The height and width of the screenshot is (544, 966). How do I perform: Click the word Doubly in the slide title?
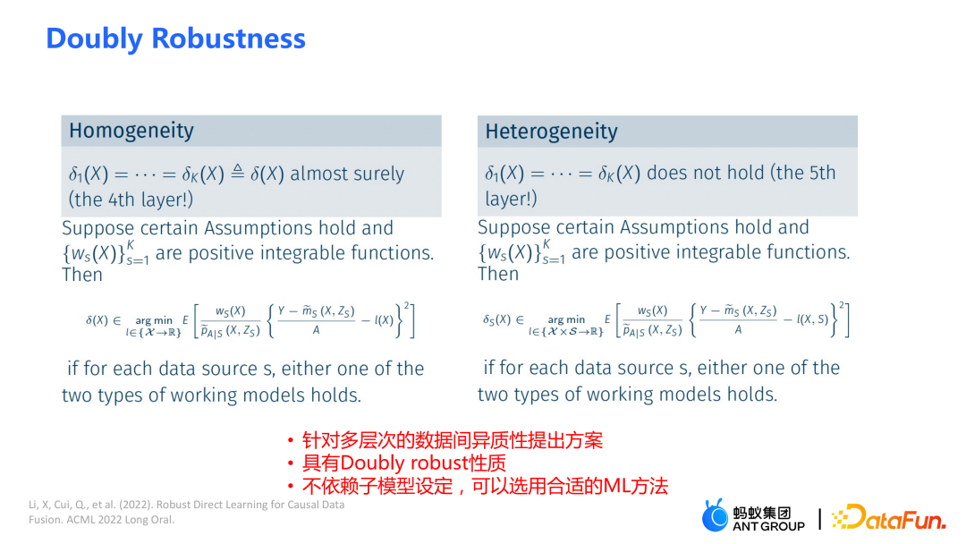point(95,39)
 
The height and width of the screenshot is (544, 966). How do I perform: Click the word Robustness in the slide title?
point(229,38)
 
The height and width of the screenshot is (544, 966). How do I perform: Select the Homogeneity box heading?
point(131,132)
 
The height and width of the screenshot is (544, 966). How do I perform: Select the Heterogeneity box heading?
point(551,132)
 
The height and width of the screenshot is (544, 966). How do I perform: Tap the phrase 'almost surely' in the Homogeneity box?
point(347,174)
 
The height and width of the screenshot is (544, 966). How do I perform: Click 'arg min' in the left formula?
point(154,320)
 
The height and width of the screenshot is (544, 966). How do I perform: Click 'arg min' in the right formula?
point(566,319)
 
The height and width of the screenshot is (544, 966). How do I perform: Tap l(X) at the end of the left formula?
point(384,320)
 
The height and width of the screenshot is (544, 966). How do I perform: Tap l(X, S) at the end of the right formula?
point(812,319)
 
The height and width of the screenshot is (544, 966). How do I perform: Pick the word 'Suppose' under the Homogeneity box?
point(98,229)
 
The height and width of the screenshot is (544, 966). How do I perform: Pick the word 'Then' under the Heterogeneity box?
point(498,274)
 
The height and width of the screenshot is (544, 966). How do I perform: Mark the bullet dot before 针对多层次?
point(290,440)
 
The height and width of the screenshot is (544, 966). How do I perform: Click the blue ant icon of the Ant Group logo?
point(715,515)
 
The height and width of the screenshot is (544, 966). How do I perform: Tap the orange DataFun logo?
point(888,517)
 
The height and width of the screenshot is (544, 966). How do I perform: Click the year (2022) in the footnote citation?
point(136,505)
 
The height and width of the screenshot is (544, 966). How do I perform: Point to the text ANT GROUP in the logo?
point(768,526)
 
